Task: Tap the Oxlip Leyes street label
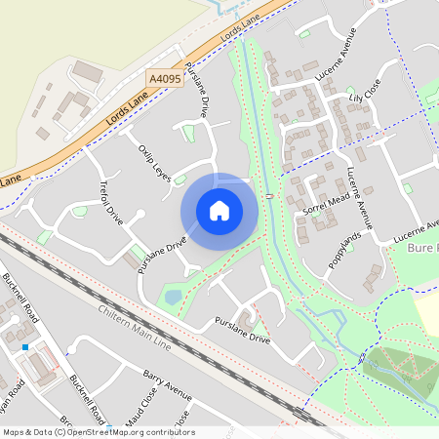pyautogui.click(x=155, y=158)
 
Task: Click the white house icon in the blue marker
pyautogui.click(x=219, y=211)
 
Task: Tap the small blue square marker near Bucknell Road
pyautogui.click(x=25, y=346)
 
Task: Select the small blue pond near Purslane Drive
pyautogui.click(x=174, y=296)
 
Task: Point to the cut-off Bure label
pyautogui.click(x=423, y=249)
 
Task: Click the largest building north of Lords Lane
pyautogui.click(x=88, y=71)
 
